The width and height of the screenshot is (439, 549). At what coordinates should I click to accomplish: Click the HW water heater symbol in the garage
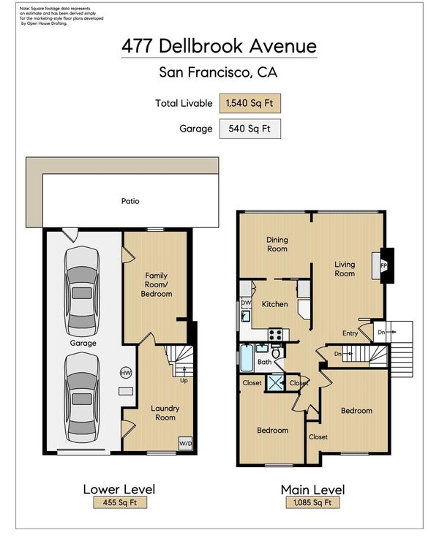[126, 373]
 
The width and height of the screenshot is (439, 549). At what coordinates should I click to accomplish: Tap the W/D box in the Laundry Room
[185, 444]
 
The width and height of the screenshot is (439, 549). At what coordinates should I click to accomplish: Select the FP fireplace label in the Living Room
[384, 266]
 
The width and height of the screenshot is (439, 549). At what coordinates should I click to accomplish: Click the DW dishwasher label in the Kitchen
[247, 303]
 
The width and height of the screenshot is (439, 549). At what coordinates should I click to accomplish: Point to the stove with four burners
[275, 334]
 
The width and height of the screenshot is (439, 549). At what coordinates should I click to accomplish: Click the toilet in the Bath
[277, 352]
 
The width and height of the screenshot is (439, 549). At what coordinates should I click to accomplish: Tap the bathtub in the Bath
[247, 357]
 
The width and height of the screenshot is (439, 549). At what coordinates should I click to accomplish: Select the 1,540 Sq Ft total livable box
[249, 103]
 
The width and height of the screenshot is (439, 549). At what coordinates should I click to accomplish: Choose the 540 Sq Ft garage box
[249, 129]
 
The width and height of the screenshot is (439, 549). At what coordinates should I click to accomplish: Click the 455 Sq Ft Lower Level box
[120, 502]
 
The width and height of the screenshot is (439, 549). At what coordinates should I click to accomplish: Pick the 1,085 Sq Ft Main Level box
[312, 502]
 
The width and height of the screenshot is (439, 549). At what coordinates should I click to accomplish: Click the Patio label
[130, 201]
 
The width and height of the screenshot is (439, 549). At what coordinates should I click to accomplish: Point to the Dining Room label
[277, 244]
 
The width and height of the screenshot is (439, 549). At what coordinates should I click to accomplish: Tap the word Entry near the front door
[350, 333]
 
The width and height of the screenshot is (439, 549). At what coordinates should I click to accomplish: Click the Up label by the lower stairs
[184, 381]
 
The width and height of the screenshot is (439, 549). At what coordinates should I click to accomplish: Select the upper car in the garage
[82, 291]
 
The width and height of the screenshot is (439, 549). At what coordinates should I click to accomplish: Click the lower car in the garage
[82, 398]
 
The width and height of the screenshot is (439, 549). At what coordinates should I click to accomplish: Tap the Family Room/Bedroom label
[157, 284]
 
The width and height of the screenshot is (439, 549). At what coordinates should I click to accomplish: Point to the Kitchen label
[274, 304]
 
